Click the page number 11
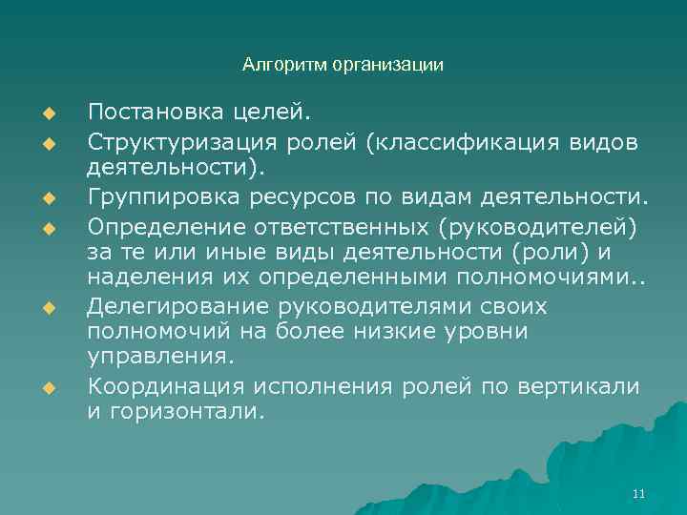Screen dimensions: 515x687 pos(639,493)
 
